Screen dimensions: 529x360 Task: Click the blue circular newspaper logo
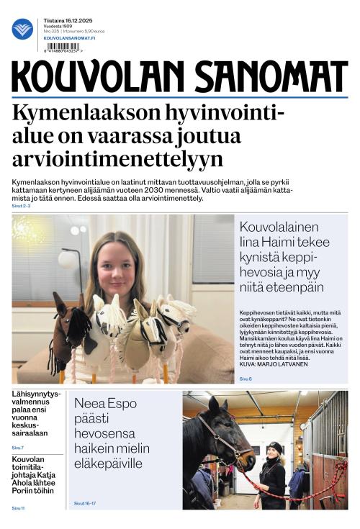(x=22, y=29)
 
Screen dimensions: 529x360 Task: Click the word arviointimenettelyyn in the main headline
(x=118, y=158)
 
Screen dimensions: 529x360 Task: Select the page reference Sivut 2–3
(x=21, y=207)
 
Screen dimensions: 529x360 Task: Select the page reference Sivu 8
(x=246, y=379)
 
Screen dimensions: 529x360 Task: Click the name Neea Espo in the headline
(x=104, y=404)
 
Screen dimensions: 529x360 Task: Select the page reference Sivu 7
(x=18, y=448)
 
